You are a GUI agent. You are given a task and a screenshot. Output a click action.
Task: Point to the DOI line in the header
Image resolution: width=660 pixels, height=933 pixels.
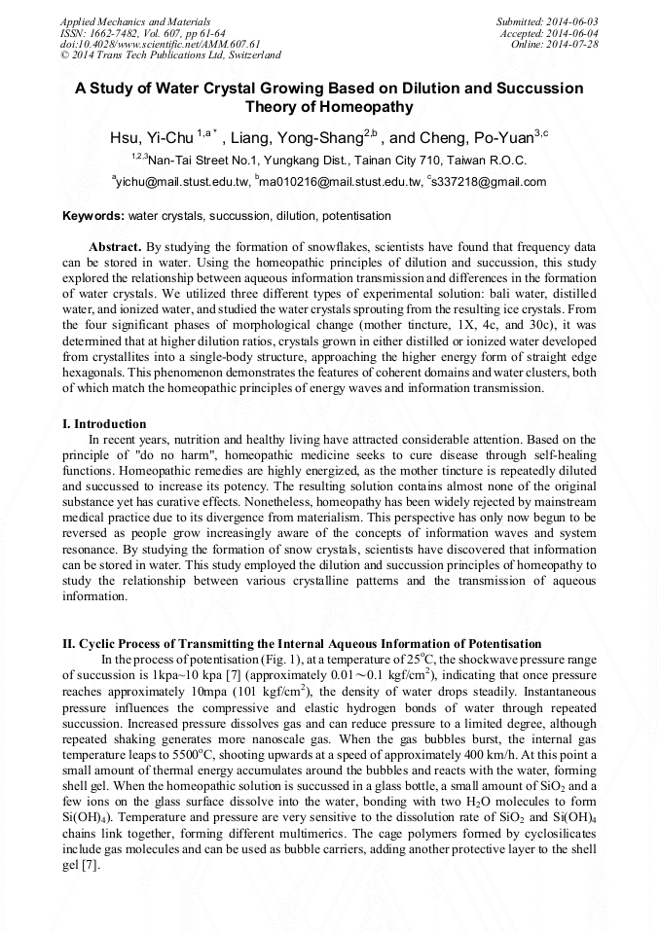(161, 44)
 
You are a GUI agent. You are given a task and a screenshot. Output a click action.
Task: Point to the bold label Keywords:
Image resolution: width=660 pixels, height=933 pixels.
(93, 215)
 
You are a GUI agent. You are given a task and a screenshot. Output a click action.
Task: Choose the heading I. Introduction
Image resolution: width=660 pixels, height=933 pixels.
(104, 424)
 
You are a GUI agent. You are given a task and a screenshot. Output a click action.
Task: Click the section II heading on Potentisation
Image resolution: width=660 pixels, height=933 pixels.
(302, 644)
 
